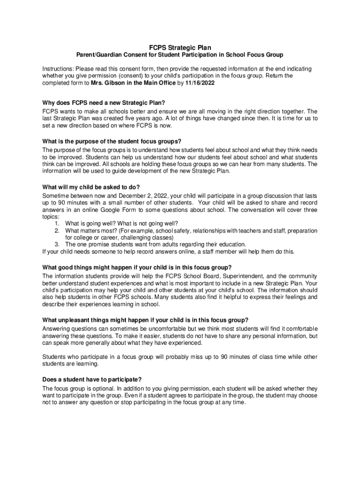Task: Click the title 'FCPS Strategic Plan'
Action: click(180, 47)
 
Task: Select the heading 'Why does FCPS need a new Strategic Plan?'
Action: click(104, 103)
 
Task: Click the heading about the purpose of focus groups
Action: click(111, 142)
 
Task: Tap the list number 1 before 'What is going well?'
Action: click(56, 224)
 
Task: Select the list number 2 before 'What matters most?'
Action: click(56, 231)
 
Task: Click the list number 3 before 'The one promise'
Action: click(56, 244)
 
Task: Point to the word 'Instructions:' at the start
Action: click(58, 68)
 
